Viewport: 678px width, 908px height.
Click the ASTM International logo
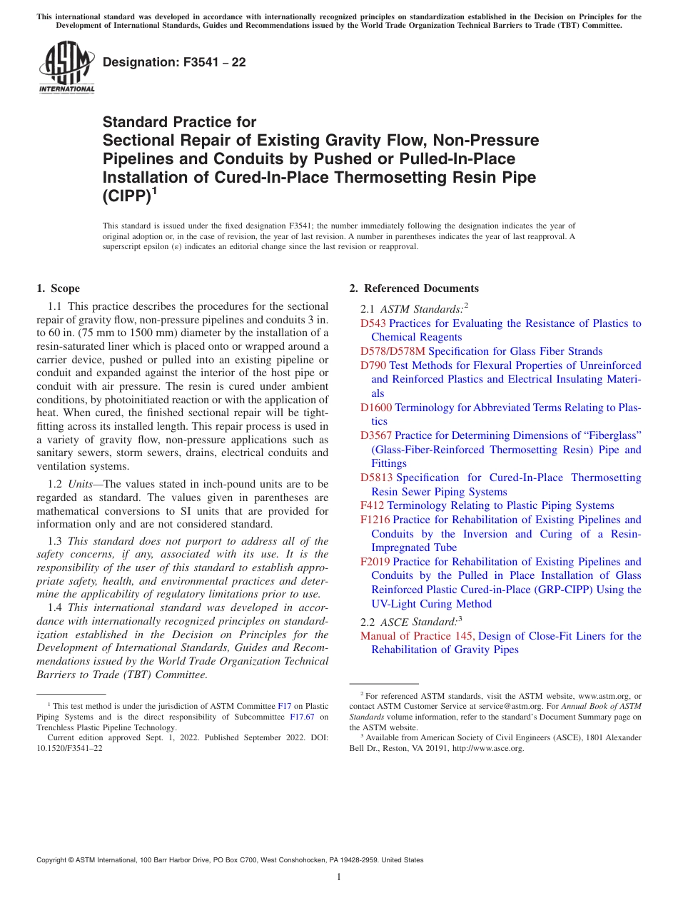[66, 68]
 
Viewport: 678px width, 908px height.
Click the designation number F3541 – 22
[174, 63]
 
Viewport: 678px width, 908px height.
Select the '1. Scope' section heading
[58, 288]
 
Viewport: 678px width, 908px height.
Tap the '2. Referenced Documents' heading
[414, 288]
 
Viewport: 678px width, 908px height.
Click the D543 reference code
[373, 323]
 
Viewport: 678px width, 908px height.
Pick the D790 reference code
[373, 365]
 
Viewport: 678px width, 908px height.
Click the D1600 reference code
[376, 408]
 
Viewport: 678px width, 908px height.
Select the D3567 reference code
[376, 435]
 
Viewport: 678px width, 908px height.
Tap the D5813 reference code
[376, 478]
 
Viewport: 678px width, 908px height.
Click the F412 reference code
[372, 505]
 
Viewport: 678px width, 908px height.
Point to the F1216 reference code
[375, 520]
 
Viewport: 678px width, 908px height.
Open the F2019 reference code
[375, 562]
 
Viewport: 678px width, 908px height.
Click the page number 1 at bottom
[339, 877]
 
